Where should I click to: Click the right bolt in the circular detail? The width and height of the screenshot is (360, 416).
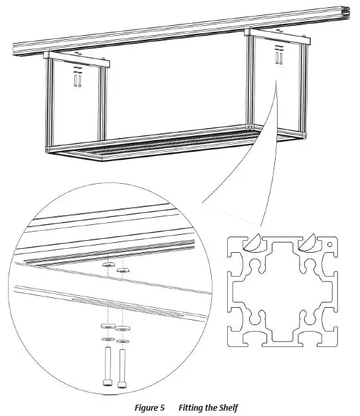point(122,366)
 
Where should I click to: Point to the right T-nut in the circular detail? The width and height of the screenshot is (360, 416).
point(122,269)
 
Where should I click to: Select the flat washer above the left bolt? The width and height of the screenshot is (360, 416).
point(107,339)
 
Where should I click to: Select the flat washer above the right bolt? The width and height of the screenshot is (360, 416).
point(122,342)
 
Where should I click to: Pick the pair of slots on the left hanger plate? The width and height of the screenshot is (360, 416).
point(77,81)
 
